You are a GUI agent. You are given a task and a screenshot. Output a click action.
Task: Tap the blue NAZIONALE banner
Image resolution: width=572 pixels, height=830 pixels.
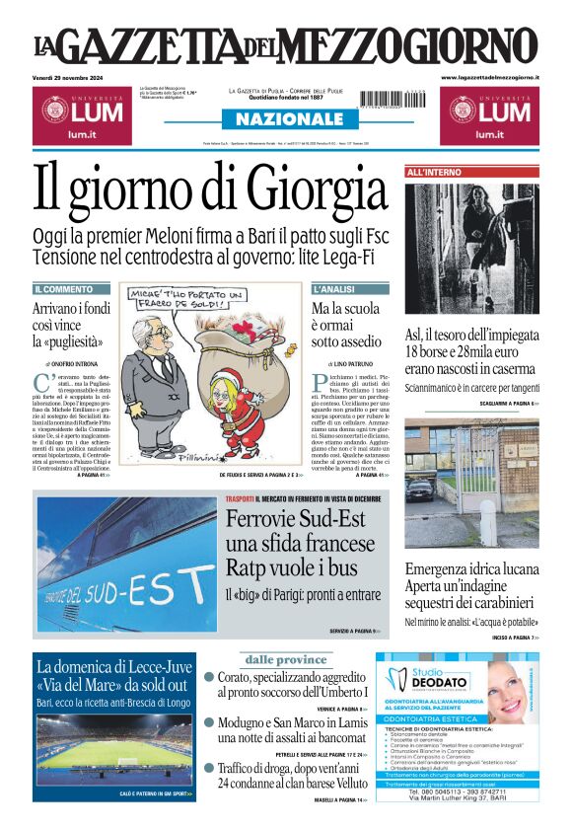click(286, 119)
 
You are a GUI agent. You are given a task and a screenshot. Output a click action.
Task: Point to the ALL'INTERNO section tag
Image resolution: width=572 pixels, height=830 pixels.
click(434, 173)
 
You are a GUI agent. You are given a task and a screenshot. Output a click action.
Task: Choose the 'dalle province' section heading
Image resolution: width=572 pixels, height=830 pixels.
click(285, 659)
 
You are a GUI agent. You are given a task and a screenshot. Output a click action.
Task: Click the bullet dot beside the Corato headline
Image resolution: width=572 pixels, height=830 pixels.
click(209, 678)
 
